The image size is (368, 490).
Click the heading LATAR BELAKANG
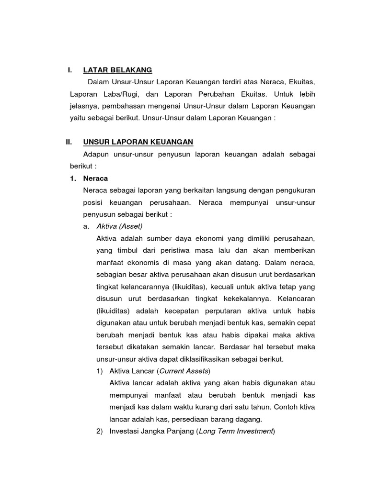point(117,70)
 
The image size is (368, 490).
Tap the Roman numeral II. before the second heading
point(69,142)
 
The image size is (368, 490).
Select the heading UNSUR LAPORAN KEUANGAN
point(138,142)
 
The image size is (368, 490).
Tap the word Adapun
point(96,154)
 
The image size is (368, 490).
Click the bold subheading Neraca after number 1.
point(95,178)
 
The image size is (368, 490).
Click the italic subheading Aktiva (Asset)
point(119,226)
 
